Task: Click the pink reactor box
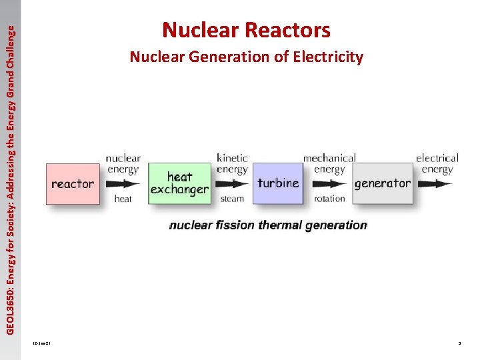point(73,183)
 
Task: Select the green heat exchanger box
point(179,183)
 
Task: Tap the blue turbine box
point(278,183)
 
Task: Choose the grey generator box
point(382,183)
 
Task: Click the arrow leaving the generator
point(435,183)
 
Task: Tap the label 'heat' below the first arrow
point(123,199)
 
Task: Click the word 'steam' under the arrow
point(232,199)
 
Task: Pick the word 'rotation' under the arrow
point(329,199)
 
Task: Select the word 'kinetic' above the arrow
point(232,158)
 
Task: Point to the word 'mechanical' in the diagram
point(329,158)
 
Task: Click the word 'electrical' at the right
point(437,158)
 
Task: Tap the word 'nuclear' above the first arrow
point(123,158)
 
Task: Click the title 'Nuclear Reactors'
point(246,30)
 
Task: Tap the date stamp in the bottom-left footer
point(41,343)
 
